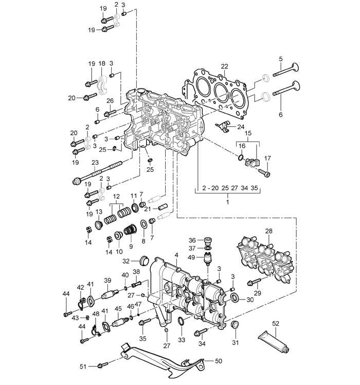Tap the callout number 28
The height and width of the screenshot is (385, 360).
pyautogui.click(x=268, y=231)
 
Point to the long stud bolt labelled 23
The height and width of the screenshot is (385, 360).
pyautogui.click(x=97, y=172)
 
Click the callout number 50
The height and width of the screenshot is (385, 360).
pyautogui.click(x=219, y=361)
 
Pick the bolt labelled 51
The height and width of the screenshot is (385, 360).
pyautogui.click(x=103, y=365)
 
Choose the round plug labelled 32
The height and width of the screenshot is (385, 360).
pyautogui.click(x=144, y=260)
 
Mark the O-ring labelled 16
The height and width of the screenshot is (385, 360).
pyautogui.click(x=241, y=157)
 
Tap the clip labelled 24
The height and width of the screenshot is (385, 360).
pyautogui.click(x=222, y=126)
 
